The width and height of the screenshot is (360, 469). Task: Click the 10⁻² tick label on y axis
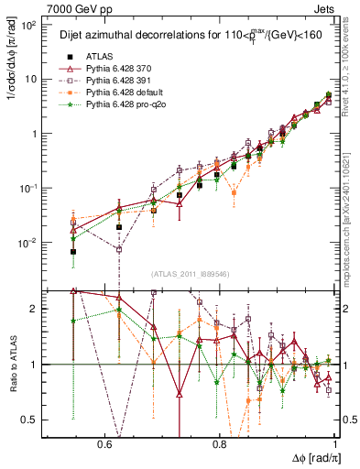point(29,243)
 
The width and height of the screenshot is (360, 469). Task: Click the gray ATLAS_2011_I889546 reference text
point(191,275)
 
